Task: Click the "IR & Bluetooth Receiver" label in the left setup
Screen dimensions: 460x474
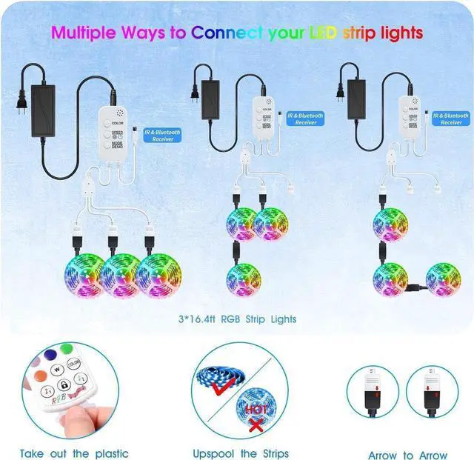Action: point(163,135)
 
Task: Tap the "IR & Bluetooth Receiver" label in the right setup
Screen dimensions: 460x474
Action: point(450,118)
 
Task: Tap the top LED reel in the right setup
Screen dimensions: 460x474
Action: point(390,222)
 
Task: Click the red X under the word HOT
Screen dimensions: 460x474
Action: point(256,424)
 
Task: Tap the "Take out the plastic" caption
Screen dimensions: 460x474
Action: point(74,453)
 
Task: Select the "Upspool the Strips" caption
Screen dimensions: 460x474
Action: point(240,453)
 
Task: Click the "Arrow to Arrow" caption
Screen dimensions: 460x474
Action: point(408,455)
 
